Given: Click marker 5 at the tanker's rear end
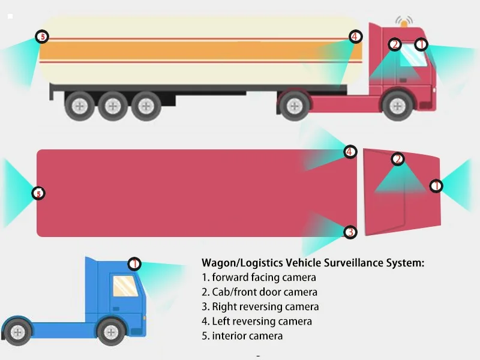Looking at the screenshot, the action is pos(42,37).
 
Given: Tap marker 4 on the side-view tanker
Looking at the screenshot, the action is pos(355,37).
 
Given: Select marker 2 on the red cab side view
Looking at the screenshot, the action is pos(395,44).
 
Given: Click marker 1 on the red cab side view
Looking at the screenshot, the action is pos(421,44).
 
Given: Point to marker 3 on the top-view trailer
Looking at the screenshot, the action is pos(350,232).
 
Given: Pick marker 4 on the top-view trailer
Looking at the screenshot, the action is pos(350,152).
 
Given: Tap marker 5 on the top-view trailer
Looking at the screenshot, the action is pos(38,193).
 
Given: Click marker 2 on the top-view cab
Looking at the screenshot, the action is pos(398,159).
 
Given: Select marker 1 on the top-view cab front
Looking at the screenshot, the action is pos(436,186).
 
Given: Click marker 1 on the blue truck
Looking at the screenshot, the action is pos(134,264).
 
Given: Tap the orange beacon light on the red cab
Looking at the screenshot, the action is pos(404,24).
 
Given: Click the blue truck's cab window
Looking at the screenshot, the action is pos(125,286).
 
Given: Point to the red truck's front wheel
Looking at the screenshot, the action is pos(397,106).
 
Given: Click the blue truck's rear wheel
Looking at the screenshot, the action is pos(17,332).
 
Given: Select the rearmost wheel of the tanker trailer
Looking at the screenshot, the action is pos(79,106).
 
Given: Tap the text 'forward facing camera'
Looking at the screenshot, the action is pos(264,277).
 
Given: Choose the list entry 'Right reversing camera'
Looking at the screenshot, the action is pos(265,307).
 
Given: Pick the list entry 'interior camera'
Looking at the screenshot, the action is pos(247,336).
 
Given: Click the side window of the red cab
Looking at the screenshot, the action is pos(413,55).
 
